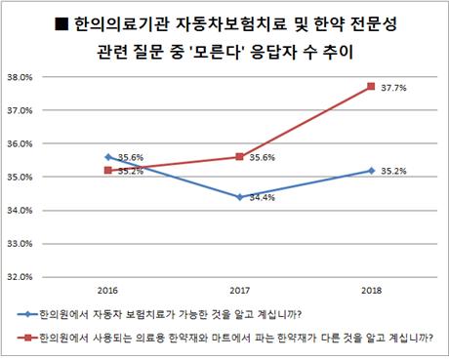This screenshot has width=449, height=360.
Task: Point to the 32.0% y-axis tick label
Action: (x=23, y=276)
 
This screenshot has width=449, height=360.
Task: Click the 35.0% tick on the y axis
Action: (x=23, y=177)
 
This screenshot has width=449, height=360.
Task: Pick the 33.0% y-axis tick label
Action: (x=23, y=243)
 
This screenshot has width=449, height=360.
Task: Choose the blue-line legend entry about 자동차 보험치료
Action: (x=166, y=315)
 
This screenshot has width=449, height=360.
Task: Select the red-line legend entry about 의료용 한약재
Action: (x=234, y=338)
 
